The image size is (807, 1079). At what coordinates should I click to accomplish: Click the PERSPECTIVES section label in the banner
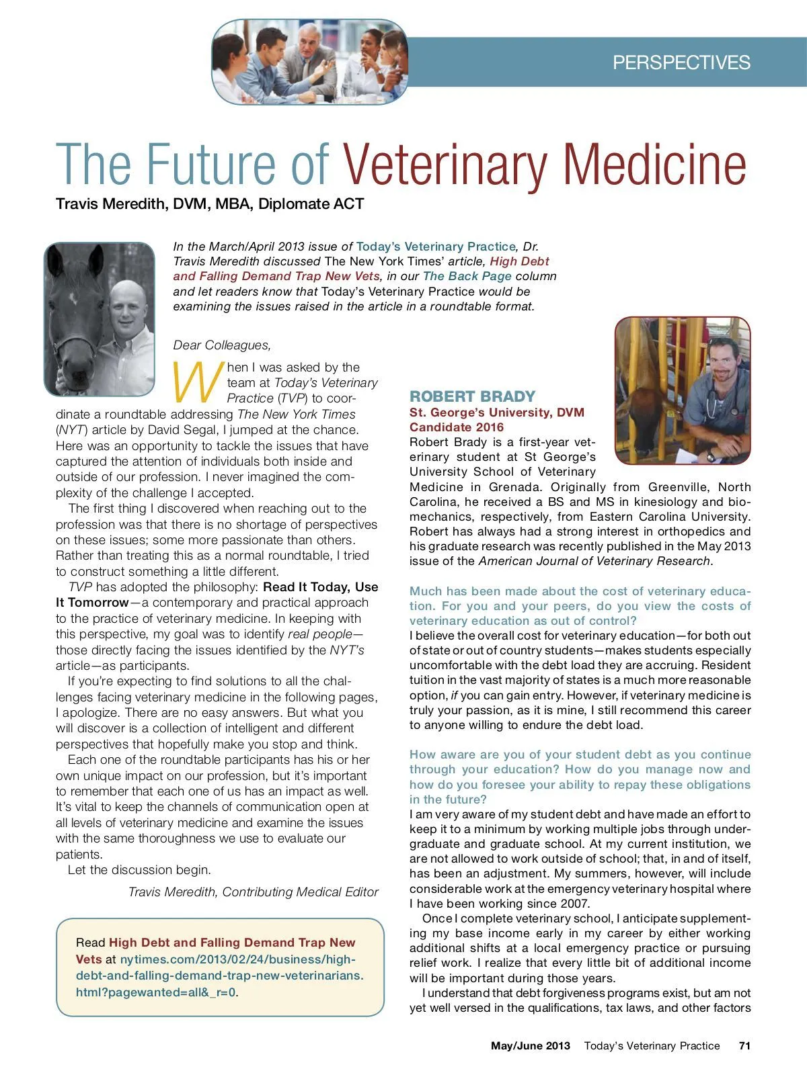tap(681, 62)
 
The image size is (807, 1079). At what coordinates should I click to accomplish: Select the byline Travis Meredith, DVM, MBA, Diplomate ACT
tap(210, 204)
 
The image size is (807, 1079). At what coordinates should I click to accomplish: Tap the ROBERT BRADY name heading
tap(472, 396)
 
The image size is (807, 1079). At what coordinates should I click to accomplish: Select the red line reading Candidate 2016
tap(457, 427)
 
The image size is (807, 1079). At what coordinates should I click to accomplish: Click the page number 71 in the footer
tap(744, 1045)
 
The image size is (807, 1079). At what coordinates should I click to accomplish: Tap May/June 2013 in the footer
tap(530, 1045)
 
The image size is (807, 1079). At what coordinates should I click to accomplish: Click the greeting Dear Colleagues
tap(222, 345)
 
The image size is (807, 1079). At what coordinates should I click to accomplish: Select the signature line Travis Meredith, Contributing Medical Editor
tap(253, 892)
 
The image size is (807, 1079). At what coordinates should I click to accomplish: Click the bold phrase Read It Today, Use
tap(320, 587)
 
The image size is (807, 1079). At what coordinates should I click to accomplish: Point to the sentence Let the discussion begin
tap(139, 870)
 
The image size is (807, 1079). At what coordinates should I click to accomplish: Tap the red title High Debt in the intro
tap(519, 261)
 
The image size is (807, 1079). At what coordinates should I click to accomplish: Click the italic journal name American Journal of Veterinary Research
tap(594, 561)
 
